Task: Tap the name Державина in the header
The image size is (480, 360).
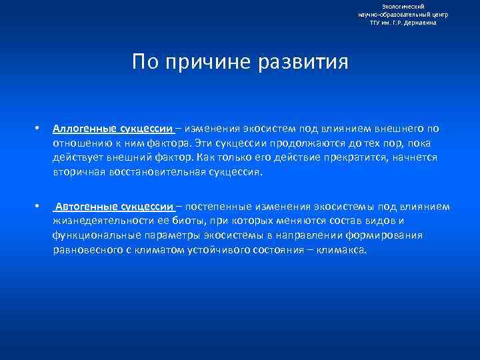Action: pyautogui.click(x=422, y=23)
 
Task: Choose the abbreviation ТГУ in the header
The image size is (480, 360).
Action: pyautogui.click(x=377, y=23)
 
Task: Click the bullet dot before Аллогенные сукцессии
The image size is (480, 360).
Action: pyautogui.click(x=39, y=128)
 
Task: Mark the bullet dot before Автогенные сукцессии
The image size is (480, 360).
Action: pyautogui.click(x=39, y=207)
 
